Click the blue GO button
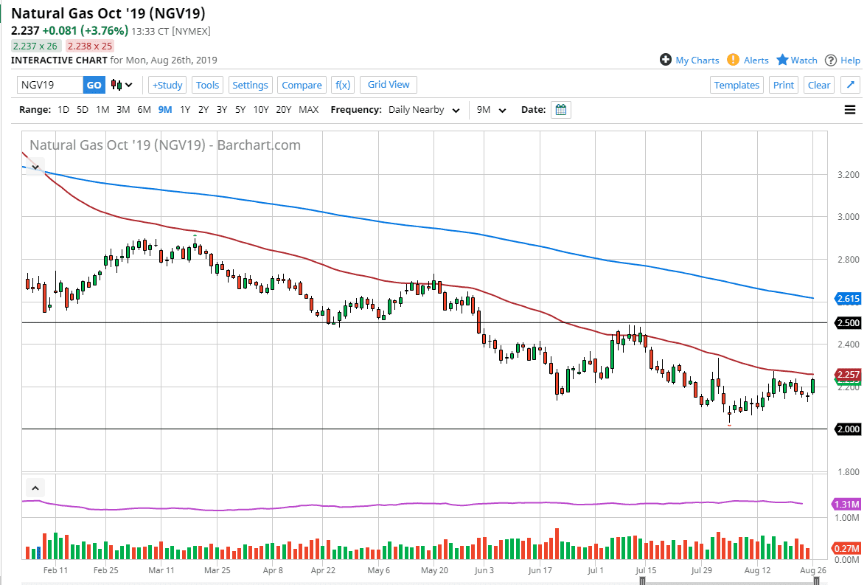[x=94, y=85]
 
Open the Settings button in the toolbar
[x=250, y=85]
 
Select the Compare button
[x=302, y=85]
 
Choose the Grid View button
[x=389, y=85]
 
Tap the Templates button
[x=737, y=85]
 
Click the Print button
[x=784, y=85]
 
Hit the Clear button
[x=819, y=85]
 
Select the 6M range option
[x=144, y=110]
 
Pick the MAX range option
[x=308, y=110]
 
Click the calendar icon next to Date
[x=561, y=110]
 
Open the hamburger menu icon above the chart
[x=850, y=110]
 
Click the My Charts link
[x=689, y=60]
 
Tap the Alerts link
[x=748, y=60]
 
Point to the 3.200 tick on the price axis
[x=849, y=175]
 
